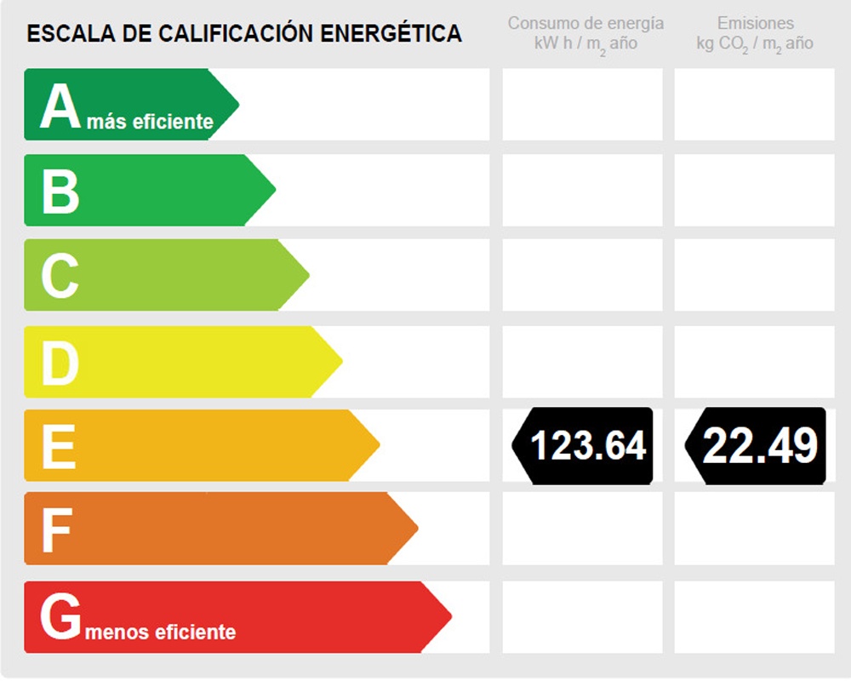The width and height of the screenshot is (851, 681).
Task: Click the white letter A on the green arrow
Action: click(x=60, y=106)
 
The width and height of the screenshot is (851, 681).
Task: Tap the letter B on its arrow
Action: click(x=60, y=192)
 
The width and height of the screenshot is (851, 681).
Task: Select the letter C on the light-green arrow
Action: click(x=60, y=276)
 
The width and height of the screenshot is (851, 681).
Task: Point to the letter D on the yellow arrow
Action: click(x=60, y=362)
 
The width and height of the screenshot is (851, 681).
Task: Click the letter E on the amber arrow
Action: click(x=59, y=446)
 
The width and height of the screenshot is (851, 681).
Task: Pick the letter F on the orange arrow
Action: click(x=56, y=530)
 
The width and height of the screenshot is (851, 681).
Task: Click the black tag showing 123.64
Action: click(x=583, y=445)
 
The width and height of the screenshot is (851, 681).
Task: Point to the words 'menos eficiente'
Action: click(x=161, y=632)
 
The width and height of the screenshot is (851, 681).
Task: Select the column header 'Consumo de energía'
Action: click(x=585, y=23)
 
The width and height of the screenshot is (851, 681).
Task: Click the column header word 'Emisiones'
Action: click(x=756, y=23)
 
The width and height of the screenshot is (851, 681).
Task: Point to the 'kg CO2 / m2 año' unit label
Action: click(x=755, y=43)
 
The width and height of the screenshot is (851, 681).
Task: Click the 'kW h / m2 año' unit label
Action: click(x=585, y=43)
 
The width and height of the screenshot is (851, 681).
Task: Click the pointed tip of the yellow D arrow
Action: click(x=341, y=361)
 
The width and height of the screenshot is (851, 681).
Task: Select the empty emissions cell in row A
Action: click(x=754, y=105)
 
